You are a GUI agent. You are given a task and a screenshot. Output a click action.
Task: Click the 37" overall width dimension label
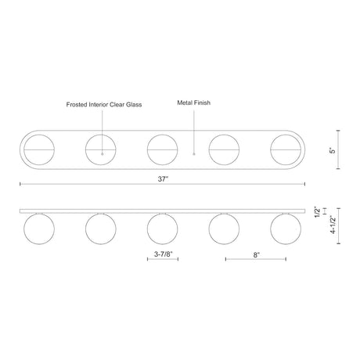[x=163, y=179]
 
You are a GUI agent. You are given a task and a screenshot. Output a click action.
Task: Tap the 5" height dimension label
[x=333, y=150]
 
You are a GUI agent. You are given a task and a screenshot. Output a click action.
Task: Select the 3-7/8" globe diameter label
[x=164, y=254]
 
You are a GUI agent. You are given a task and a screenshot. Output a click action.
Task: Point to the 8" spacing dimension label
[x=257, y=255]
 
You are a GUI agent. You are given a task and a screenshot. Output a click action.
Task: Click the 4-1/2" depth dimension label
[x=333, y=225]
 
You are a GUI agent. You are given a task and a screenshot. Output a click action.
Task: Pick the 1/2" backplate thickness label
[x=317, y=212]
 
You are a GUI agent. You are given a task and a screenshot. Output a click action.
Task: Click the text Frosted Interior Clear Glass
[x=104, y=105]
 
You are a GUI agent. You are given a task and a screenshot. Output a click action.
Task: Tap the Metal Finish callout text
[x=193, y=103]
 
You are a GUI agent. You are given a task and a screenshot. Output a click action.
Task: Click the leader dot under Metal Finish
[x=194, y=154]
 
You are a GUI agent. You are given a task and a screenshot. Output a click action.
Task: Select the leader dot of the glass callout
[x=103, y=154]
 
